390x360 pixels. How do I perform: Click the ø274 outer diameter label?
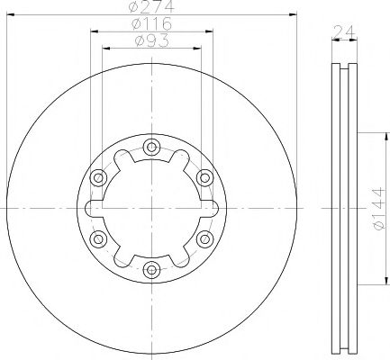coord(151,8)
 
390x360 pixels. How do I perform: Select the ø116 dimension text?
coord(151,24)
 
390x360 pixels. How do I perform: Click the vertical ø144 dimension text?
coord(377,209)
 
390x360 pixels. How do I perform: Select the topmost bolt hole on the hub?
coord(152,147)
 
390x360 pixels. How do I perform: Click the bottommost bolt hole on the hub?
coord(152,267)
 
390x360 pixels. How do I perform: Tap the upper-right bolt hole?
coord(204,176)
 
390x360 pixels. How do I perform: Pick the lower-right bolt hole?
coord(204,238)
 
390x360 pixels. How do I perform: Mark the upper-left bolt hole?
coord(100,176)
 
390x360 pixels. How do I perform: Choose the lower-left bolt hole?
coord(100,238)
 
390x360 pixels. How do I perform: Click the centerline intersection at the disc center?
coord(152,207)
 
